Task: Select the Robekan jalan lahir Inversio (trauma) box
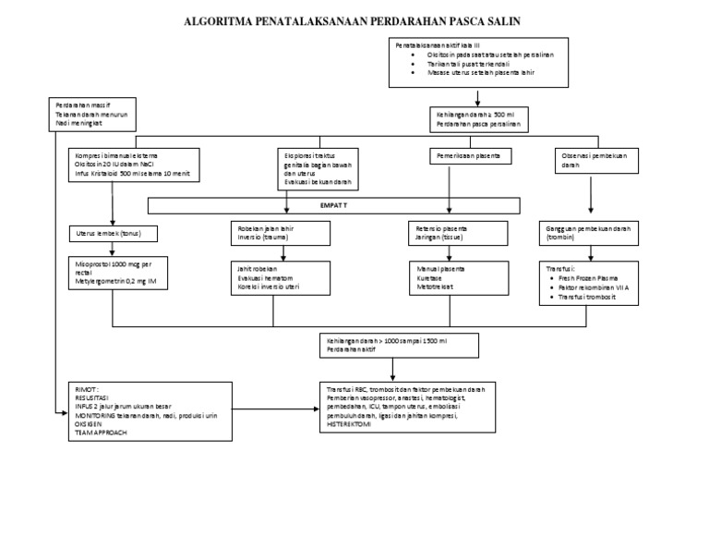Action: [x=280, y=232]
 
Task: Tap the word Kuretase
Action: [x=429, y=278]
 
